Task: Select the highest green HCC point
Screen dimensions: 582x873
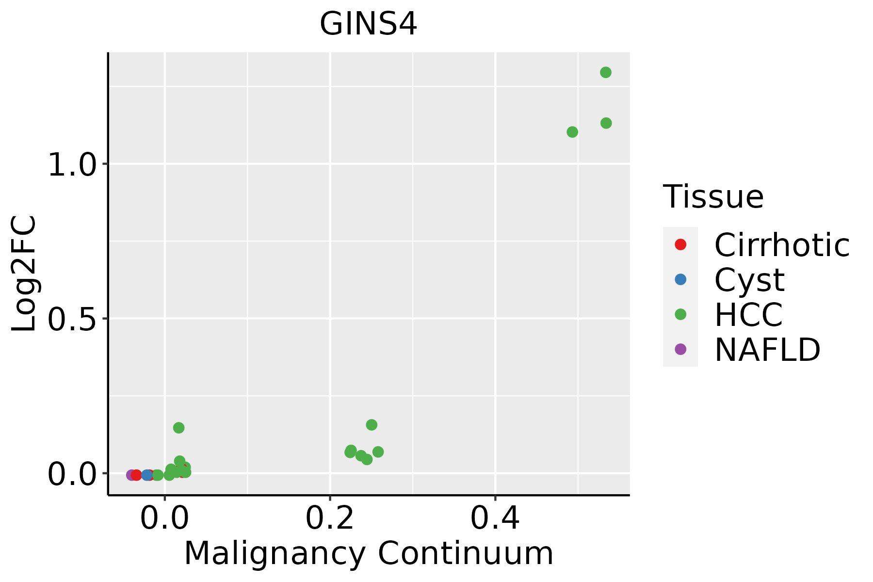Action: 606,73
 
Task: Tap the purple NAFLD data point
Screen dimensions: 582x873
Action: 131,475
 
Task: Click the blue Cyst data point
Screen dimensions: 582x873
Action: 146,475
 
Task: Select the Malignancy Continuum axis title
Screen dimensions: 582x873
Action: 368,553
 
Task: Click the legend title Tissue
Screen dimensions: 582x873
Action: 713,197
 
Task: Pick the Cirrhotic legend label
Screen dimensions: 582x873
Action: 782,245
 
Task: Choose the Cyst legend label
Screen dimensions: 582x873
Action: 749,280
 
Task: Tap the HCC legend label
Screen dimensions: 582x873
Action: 748,314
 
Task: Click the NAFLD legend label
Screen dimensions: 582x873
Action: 767,349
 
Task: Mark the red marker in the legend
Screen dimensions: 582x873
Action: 680,245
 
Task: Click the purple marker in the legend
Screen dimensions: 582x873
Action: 680,349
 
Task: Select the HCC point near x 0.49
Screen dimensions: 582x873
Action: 572,132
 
